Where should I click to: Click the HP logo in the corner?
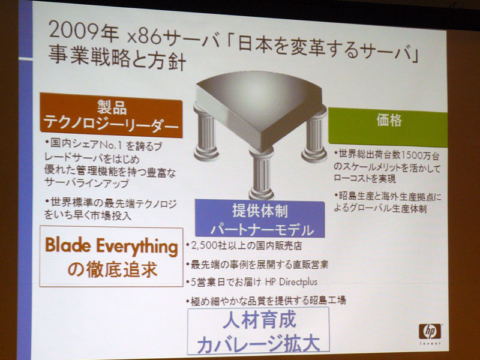(430, 332)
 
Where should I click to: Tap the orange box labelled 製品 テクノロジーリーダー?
(111, 115)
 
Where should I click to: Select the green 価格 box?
(388, 127)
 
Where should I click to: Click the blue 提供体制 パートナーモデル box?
(260, 218)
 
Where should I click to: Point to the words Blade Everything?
(112, 247)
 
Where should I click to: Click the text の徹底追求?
(112, 269)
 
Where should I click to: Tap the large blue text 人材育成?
(260, 320)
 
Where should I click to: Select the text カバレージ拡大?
(259, 343)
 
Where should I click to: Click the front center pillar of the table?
(261, 173)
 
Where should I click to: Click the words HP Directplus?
(291, 281)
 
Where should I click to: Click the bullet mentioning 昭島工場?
(266, 301)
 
